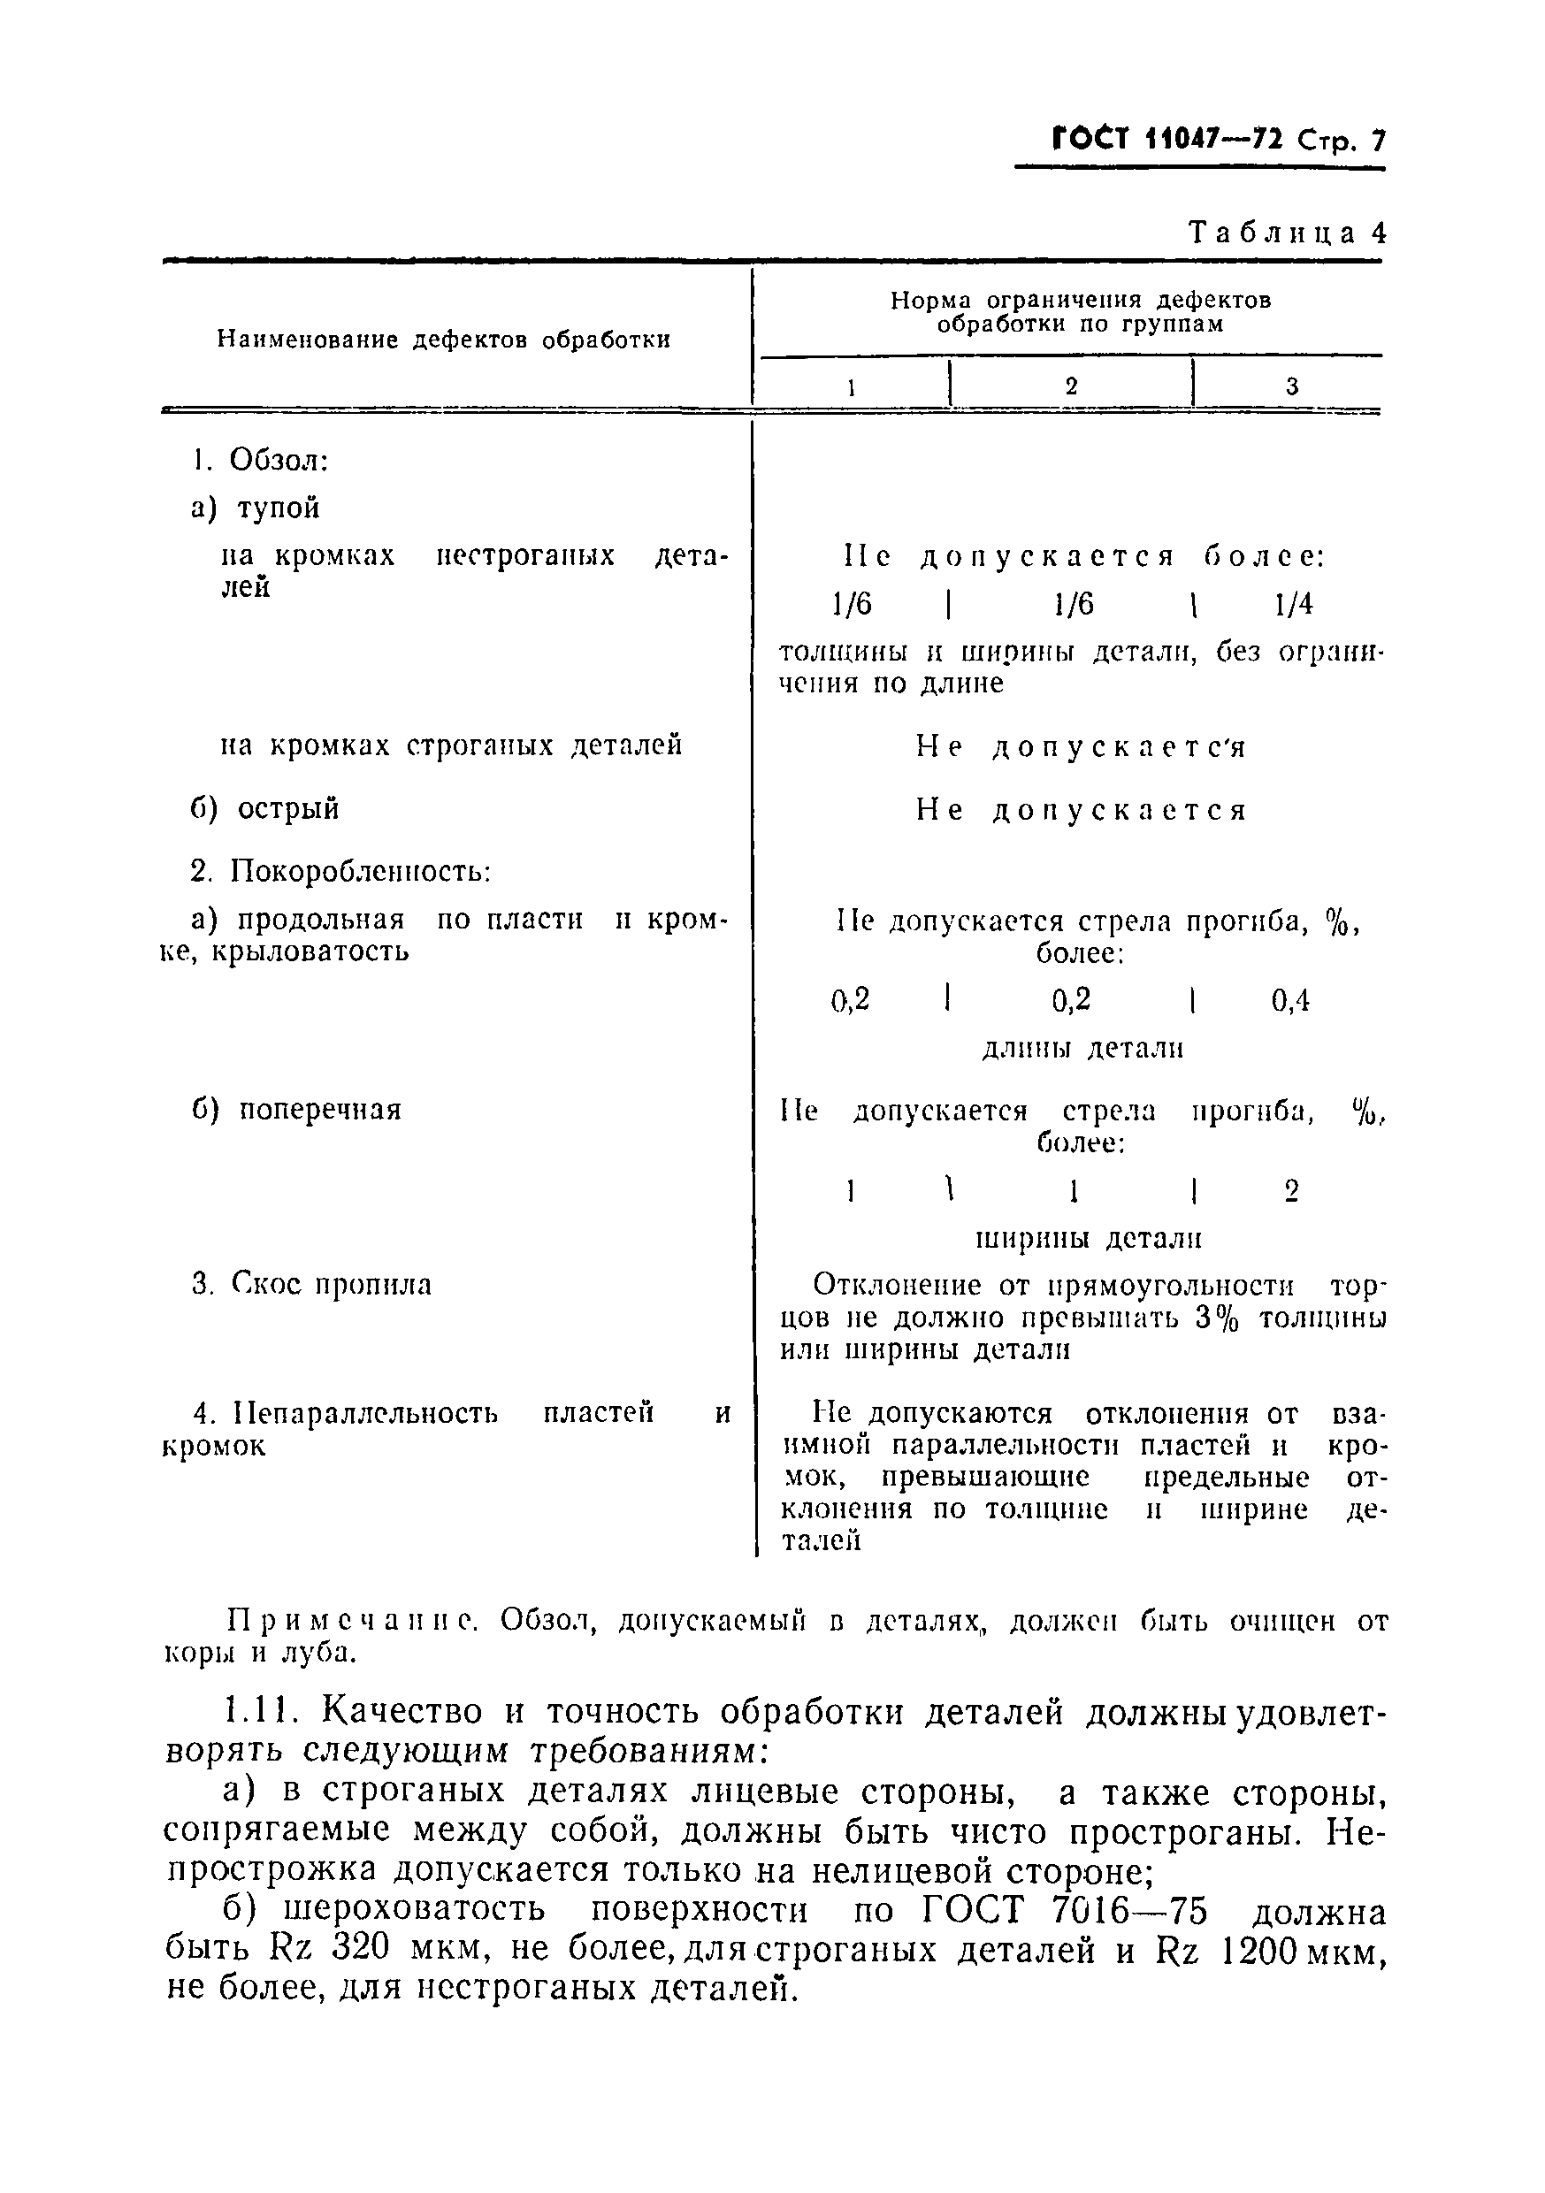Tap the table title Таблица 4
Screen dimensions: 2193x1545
pos(1286,233)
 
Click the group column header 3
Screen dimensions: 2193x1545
pos(1292,386)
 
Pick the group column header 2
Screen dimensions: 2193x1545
pos(1071,386)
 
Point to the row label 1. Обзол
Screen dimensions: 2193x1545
pos(260,461)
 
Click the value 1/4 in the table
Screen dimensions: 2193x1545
pos(1294,604)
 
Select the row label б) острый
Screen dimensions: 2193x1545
pos(265,809)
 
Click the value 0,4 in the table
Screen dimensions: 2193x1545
pos(1291,1001)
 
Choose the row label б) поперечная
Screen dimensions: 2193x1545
pos(296,1110)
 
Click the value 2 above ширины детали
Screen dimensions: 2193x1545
pos(1292,1191)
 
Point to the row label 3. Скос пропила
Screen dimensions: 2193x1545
pos(311,1285)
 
